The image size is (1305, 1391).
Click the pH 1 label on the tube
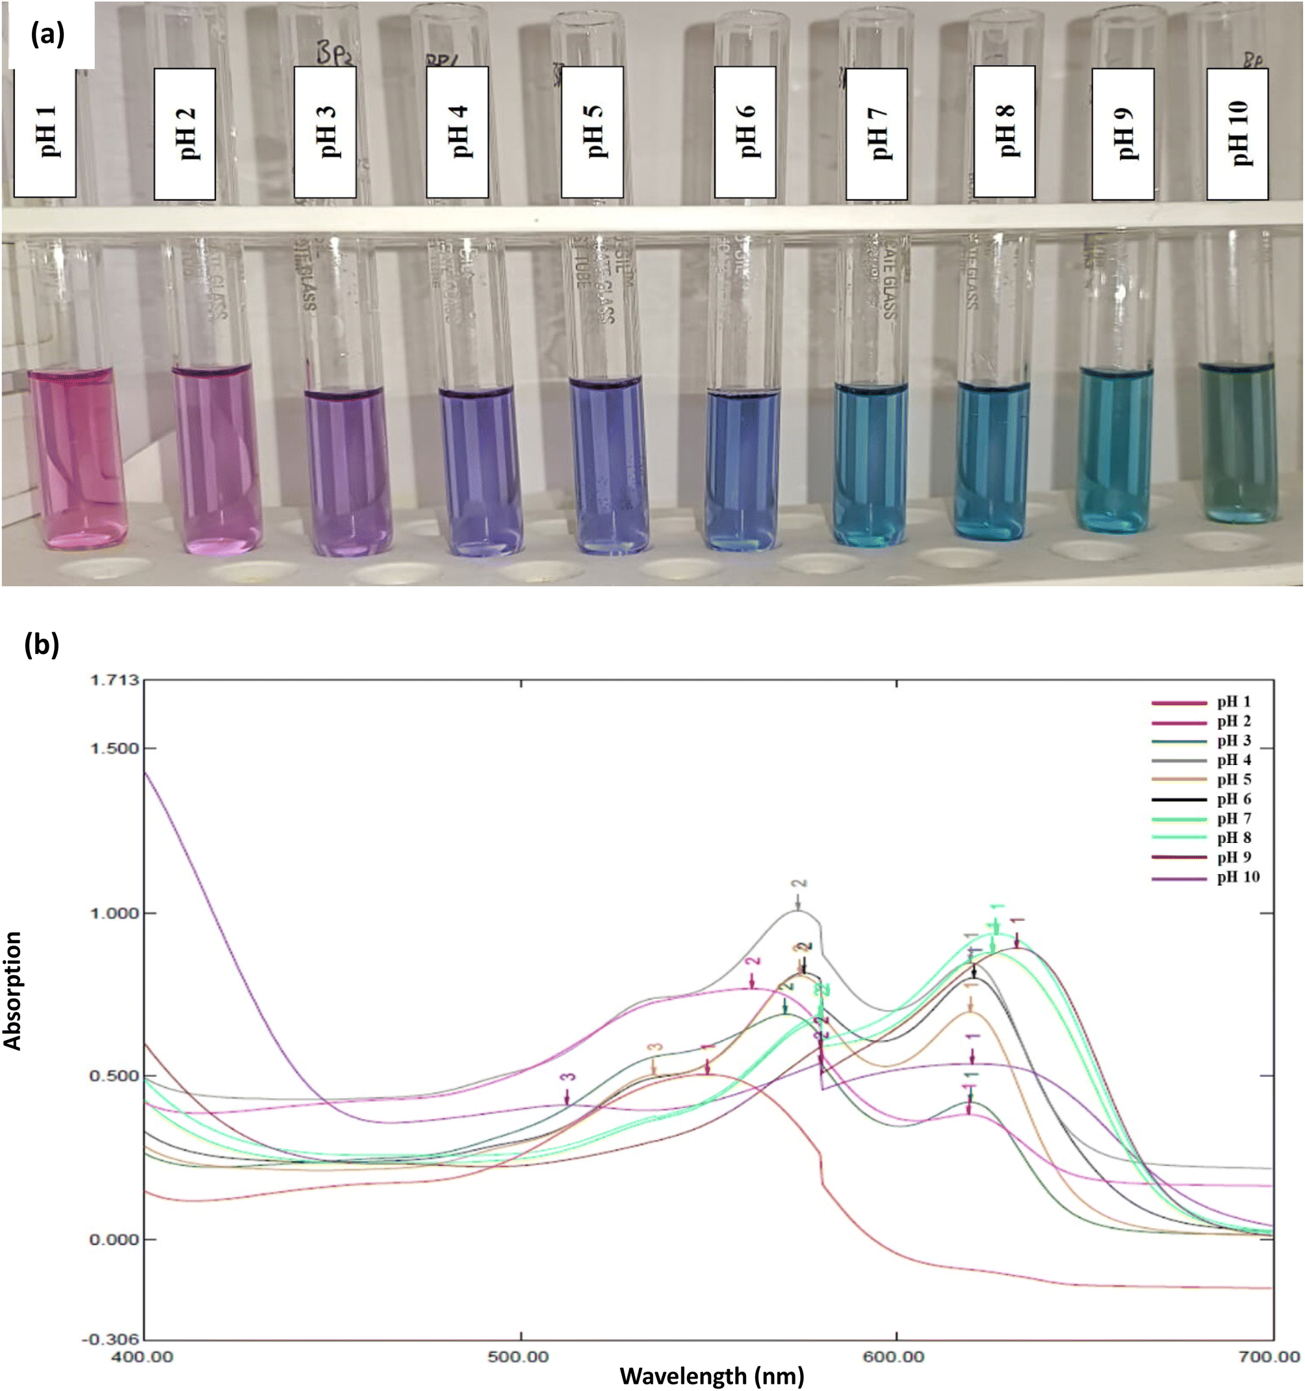tap(45, 133)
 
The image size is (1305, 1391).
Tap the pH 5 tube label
tap(592, 133)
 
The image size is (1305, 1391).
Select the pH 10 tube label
tap(1237, 133)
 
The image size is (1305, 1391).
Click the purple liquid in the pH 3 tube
tap(346, 469)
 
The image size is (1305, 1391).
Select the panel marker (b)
tap(42, 644)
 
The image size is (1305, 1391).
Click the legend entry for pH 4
tap(1234, 760)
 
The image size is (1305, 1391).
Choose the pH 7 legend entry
tap(1234, 818)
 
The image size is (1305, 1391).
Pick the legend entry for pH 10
tap(1237, 877)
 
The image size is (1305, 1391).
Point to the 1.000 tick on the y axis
tap(116, 914)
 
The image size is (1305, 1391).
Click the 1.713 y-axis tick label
tap(116, 680)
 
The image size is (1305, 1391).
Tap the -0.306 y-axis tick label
tap(112, 1340)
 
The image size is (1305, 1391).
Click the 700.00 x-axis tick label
tap(1272, 1357)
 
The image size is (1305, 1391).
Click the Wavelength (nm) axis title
tap(712, 1375)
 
